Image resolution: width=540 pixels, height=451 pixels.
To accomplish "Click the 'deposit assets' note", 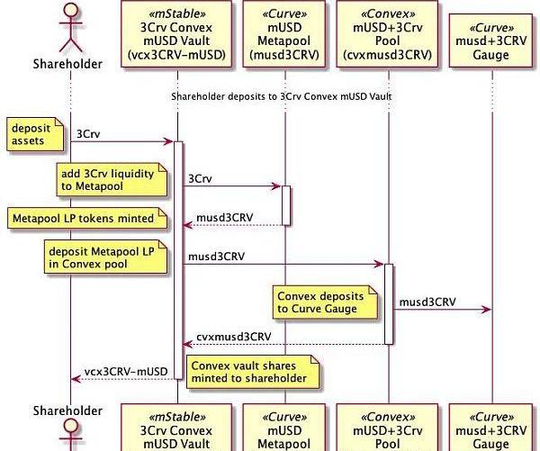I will (x=34, y=134).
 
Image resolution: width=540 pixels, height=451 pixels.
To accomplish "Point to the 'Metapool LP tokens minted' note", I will (x=87, y=218).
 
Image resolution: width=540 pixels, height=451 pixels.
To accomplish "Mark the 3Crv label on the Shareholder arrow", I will (x=88, y=134).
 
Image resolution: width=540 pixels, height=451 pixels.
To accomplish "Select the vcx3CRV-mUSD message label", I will (x=126, y=372).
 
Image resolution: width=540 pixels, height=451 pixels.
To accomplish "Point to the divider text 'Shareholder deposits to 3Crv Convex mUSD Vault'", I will (x=282, y=95).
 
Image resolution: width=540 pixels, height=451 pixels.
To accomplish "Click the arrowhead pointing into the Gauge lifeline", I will (x=487, y=310).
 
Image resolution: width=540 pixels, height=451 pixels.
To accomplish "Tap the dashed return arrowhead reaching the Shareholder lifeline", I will (x=74, y=379).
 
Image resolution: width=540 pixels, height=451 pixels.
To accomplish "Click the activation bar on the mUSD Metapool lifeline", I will (x=285, y=205).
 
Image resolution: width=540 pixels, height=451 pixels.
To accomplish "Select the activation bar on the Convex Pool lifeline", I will (x=389, y=303).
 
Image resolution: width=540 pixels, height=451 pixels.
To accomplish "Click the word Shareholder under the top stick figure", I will (x=67, y=63).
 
